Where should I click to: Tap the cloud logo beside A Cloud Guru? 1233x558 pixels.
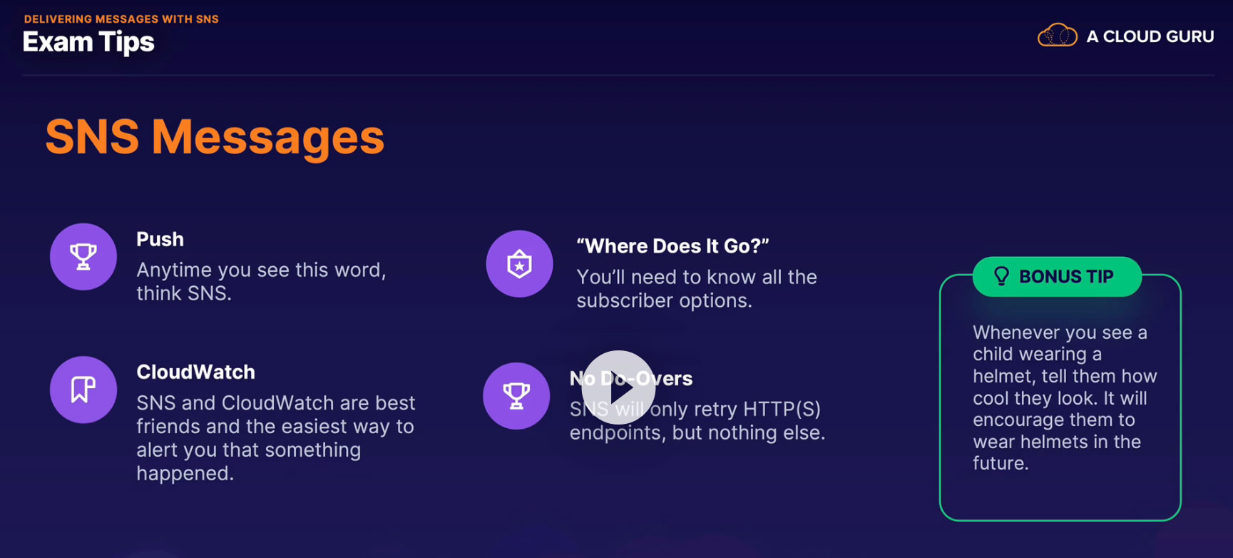click(1057, 35)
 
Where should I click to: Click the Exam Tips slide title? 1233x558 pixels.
click(88, 43)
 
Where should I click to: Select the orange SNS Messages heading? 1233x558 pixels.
click(215, 137)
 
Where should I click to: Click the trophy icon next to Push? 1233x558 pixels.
click(83, 257)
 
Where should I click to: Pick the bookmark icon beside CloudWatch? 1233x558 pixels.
click(83, 390)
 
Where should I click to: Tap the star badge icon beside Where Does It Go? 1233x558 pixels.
click(519, 264)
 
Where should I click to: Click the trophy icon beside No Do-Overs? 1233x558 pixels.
click(516, 396)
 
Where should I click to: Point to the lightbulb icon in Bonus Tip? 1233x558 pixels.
click(1001, 276)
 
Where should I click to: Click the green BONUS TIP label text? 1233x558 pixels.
click(1066, 277)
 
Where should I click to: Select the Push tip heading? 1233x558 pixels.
click(160, 240)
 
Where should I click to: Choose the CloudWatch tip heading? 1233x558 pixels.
click(196, 372)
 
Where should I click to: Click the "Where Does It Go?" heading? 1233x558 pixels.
click(672, 246)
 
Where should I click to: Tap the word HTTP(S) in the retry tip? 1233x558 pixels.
click(782, 410)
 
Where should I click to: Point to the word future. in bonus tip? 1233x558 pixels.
click(1001, 464)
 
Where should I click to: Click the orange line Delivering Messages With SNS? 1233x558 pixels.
click(121, 19)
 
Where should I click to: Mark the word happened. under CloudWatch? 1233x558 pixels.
click(185, 474)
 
